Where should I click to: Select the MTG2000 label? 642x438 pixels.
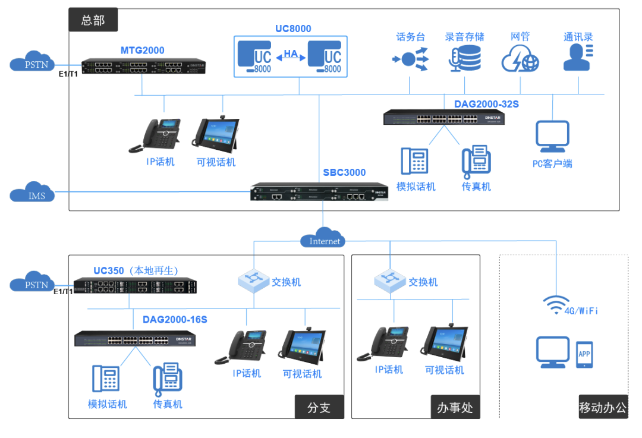(x=142, y=51)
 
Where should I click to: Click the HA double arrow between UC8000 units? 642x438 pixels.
(x=291, y=56)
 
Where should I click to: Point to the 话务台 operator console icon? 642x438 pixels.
(x=410, y=59)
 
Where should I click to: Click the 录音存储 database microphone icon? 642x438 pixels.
(x=464, y=59)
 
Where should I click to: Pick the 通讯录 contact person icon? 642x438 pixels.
(x=577, y=58)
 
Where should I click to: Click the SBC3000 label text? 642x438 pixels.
(x=344, y=173)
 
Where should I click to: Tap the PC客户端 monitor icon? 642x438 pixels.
(x=552, y=137)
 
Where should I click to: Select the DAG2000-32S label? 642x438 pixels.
(x=486, y=103)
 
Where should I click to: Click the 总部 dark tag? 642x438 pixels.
(x=93, y=20)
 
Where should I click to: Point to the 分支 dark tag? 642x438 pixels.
(x=319, y=407)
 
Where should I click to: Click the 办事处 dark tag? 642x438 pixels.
(x=455, y=407)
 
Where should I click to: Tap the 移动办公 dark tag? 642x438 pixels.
(x=603, y=407)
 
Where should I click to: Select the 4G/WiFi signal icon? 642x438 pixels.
(x=556, y=305)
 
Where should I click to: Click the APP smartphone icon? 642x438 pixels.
(x=584, y=354)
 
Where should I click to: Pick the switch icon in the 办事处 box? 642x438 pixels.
(x=390, y=281)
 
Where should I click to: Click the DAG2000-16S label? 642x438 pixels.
(x=175, y=320)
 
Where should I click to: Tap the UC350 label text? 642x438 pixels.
(x=109, y=271)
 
